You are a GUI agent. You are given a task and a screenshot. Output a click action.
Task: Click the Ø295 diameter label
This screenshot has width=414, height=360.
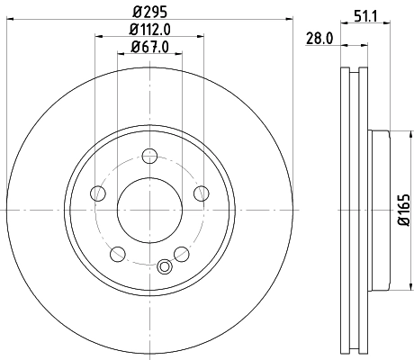[150, 13]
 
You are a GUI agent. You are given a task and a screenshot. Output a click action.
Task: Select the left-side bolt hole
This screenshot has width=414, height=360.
[99, 193]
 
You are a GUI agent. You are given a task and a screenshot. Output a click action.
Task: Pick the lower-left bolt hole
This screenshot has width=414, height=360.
[118, 252]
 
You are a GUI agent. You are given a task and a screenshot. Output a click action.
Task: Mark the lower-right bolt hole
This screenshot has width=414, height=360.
[182, 252]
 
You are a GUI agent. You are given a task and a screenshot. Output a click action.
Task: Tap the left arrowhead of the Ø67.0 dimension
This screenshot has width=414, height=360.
[121, 55]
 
